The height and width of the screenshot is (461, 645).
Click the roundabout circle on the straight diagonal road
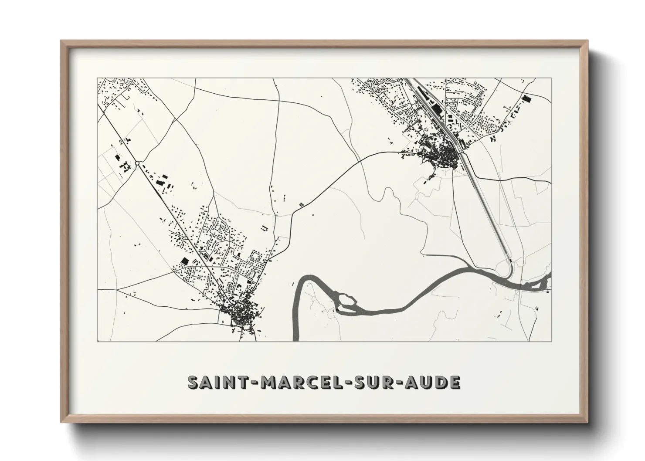(x=137, y=163)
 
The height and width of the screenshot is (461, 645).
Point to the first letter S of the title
(x=192, y=382)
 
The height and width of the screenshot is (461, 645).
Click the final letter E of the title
(x=455, y=382)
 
